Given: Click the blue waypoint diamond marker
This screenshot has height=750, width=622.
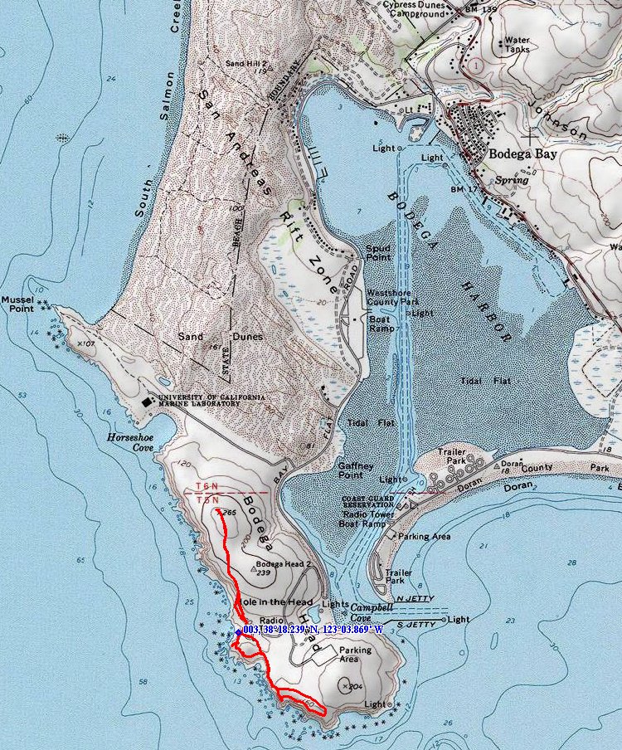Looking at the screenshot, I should click(238, 632).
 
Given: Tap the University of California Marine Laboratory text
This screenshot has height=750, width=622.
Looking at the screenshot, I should click(212, 401).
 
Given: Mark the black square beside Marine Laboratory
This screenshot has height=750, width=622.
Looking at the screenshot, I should click(147, 401).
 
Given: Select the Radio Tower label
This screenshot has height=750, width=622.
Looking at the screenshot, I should click(366, 514).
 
